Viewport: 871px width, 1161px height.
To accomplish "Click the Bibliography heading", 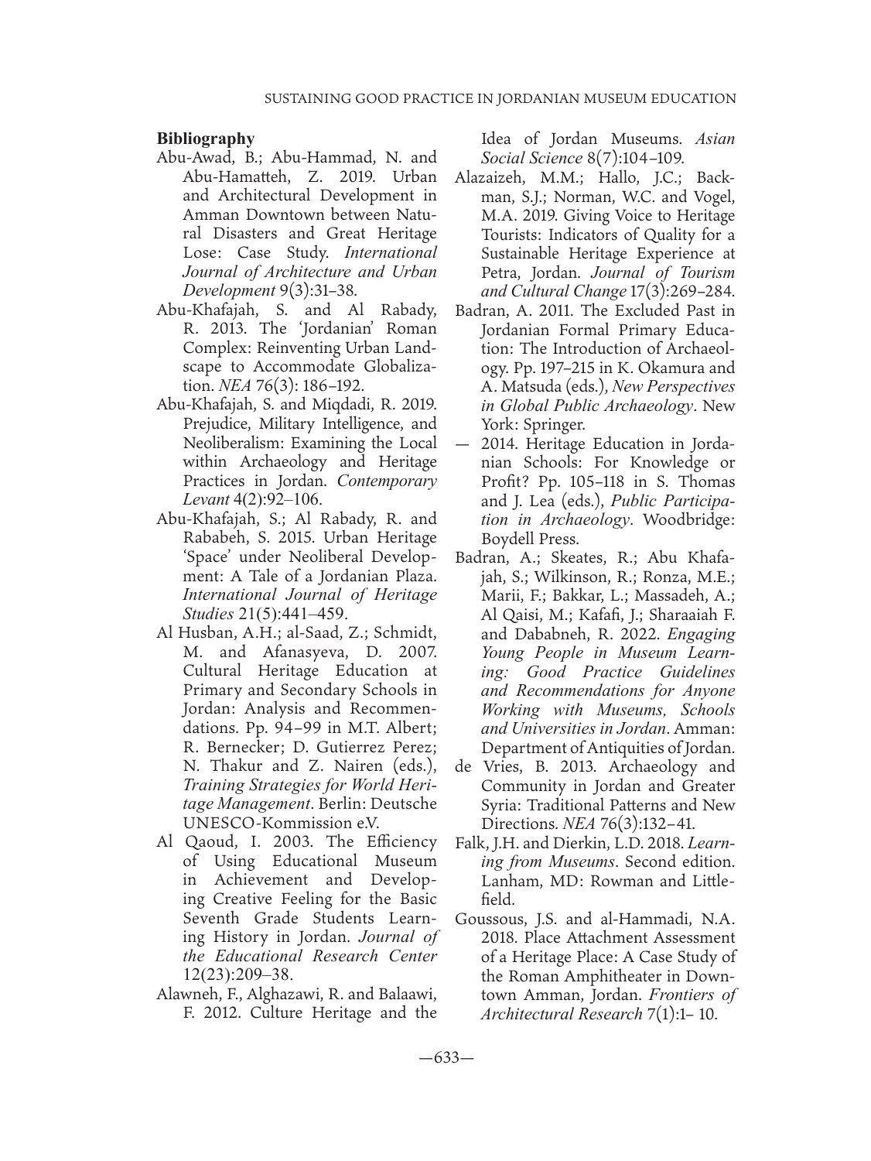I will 206,139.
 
